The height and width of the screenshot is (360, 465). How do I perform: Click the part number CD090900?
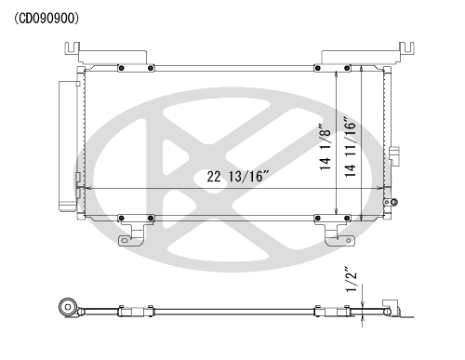click(x=46, y=19)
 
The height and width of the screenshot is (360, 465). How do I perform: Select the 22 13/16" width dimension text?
click(x=238, y=177)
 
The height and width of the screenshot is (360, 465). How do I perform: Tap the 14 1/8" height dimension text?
click(x=325, y=147)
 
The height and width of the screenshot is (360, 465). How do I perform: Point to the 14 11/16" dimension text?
click(x=351, y=147)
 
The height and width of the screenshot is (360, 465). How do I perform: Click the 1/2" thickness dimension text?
click(x=352, y=279)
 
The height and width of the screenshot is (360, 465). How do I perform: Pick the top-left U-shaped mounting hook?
click(x=72, y=48)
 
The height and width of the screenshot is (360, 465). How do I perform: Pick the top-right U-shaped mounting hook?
click(x=406, y=48)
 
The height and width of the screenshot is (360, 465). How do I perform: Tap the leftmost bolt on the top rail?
click(x=121, y=68)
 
